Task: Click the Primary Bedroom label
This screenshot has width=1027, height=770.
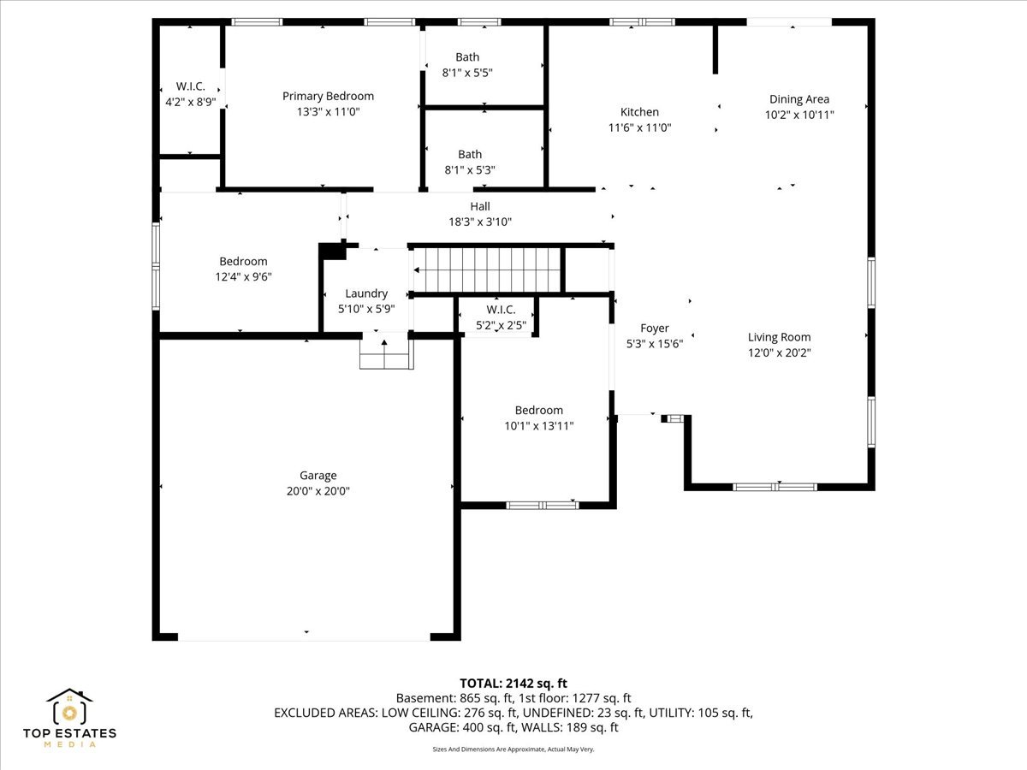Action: click(x=328, y=97)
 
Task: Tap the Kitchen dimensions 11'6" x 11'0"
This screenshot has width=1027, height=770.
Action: click(x=639, y=127)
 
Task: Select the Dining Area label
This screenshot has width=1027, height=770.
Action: click(x=799, y=99)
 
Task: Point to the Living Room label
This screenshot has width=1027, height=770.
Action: click(x=779, y=337)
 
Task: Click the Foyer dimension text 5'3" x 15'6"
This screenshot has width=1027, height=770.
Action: click(x=655, y=344)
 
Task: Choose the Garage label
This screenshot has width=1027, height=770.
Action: click(x=318, y=476)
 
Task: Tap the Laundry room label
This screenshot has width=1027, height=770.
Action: click(x=366, y=293)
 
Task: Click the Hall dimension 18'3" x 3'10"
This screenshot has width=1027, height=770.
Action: click(x=480, y=222)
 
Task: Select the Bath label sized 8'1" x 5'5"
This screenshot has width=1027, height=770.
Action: click(x=467, y=57)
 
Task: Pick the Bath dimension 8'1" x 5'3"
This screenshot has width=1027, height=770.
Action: click(x=470, y=170)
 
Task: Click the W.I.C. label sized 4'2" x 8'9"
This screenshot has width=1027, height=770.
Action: click(x=191, y=86)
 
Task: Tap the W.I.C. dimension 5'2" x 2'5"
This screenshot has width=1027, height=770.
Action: click(x=502, y=325)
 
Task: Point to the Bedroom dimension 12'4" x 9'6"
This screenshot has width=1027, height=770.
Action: click(x=243, y=276)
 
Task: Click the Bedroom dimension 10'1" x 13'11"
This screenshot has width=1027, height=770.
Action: click(x=539, y=426)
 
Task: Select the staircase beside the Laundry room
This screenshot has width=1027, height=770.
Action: click(x=487, y=270)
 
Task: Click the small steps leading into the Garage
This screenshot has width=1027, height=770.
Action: click(x=386, y=354)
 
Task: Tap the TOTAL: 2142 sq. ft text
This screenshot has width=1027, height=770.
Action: click(x=513, y=684)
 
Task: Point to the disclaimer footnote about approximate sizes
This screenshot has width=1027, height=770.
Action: click(x=513, y=749)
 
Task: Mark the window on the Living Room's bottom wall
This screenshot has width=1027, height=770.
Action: click(x=775, y=487)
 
